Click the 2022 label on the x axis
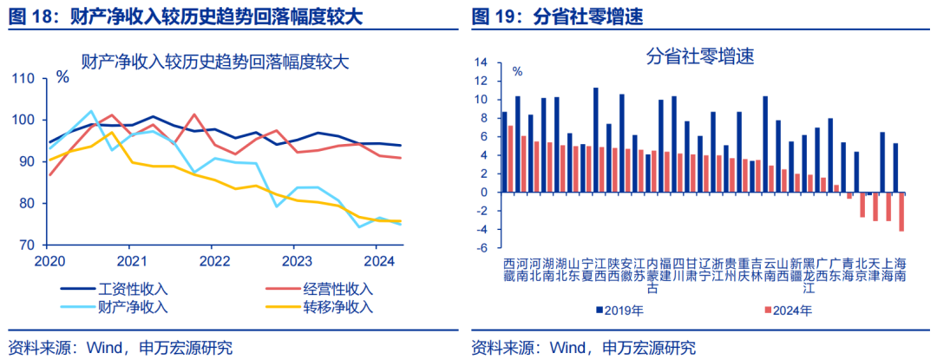click(213, 259)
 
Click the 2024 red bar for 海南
click(901, 212)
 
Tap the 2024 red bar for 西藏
click(510, 159)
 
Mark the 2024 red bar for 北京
click(862, 205)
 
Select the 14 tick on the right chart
click(482, 62)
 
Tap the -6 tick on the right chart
click(482, 248)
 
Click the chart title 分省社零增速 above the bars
click(699, 57)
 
